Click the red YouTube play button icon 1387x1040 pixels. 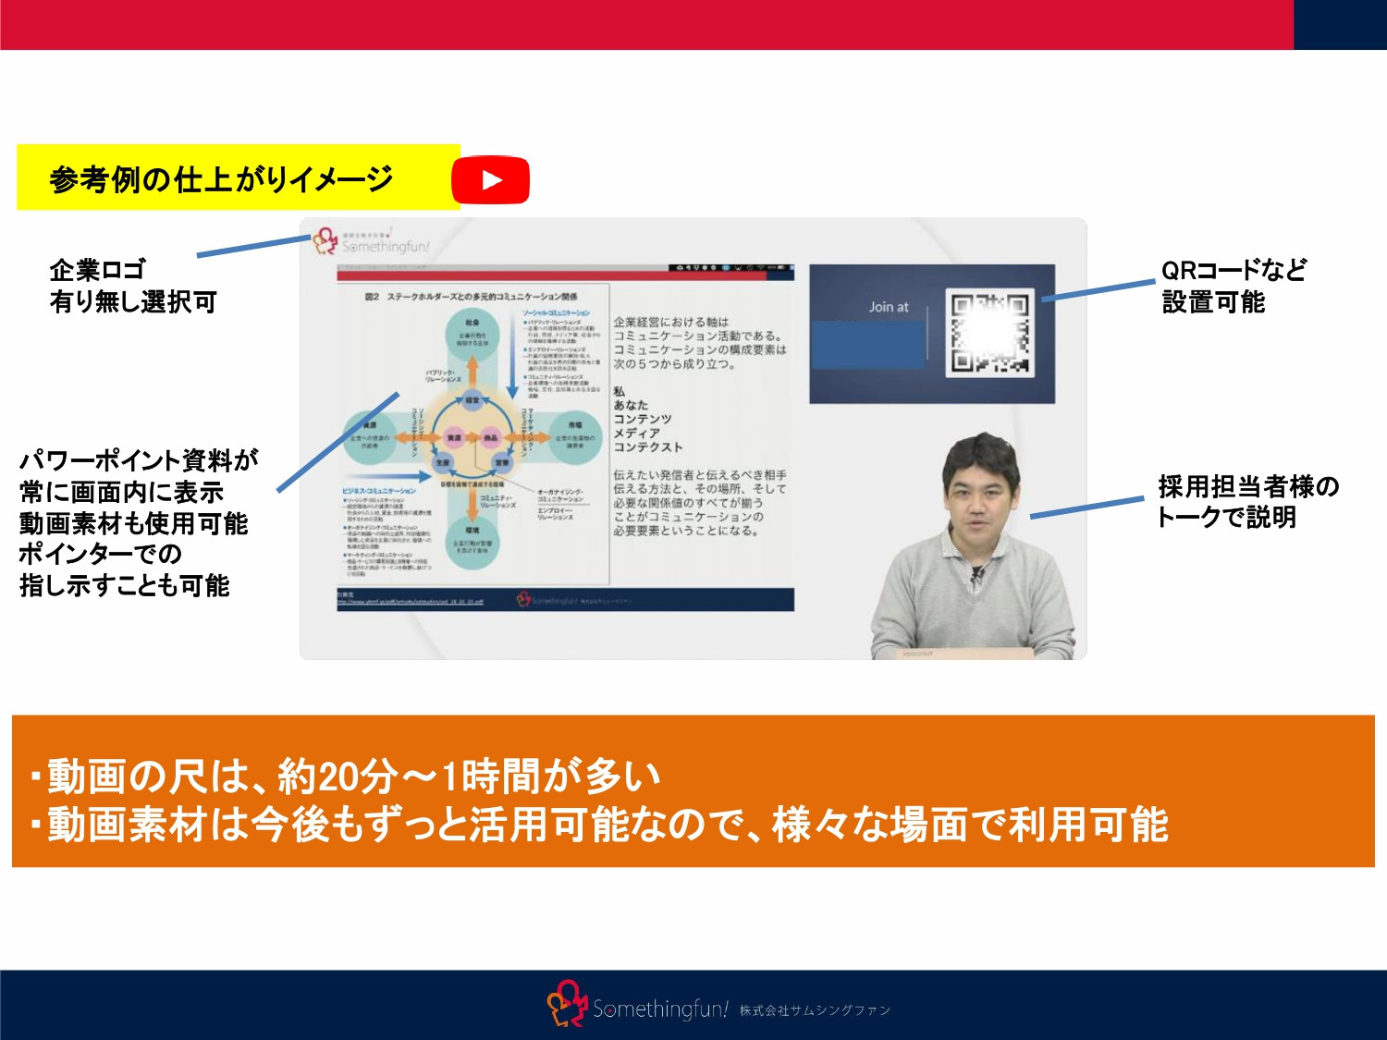[490, 179]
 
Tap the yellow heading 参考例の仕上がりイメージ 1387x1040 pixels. [222, 178]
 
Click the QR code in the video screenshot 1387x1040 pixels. [989, 334]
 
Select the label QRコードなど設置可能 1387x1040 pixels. [1234, 286]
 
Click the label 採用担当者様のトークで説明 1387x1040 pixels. [1247, 501]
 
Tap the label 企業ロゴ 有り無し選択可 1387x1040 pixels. [132, 286]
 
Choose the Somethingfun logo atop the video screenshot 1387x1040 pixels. [370, 242]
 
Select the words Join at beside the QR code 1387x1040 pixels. [889, 307]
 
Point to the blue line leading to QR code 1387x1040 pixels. [1099, 291]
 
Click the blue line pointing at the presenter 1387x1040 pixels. [1086, 508]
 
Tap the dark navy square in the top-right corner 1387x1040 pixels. [1340, 24]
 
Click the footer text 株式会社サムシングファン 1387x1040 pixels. [815, 1010]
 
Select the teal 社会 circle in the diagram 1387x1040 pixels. [472, 334]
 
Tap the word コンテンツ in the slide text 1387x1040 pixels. [643, 419]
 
